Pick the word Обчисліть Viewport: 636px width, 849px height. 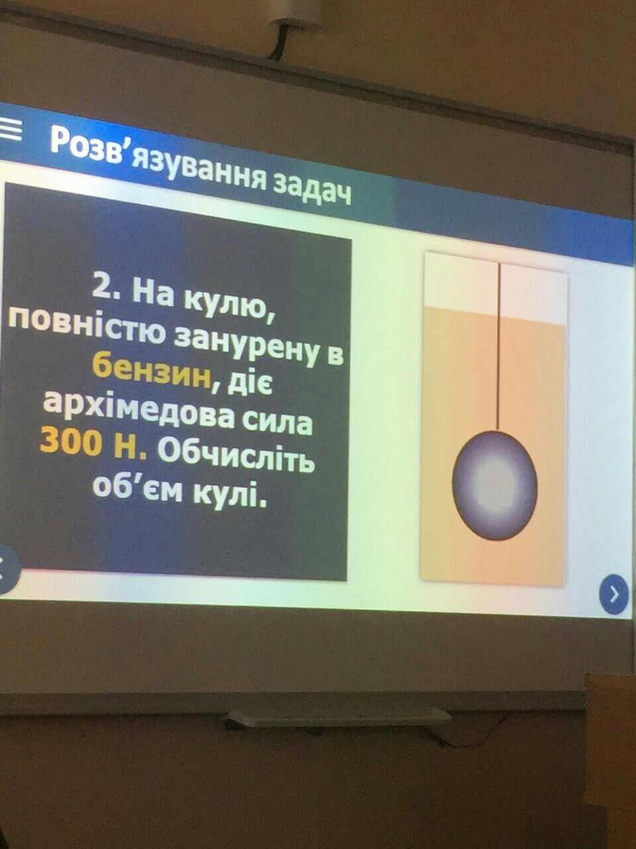coord(237,456)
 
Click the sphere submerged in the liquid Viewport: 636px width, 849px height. coord(495,485)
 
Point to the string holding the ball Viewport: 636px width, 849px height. coord(499,347)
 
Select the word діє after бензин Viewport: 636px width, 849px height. coord(250,382)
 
